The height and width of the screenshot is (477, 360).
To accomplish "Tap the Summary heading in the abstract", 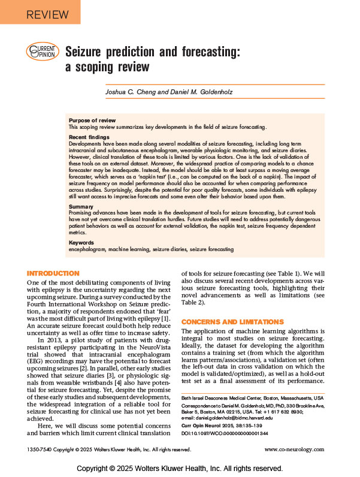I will click(x=81, y=207).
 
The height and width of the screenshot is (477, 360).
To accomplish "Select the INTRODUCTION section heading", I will click(x=54, y=273).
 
